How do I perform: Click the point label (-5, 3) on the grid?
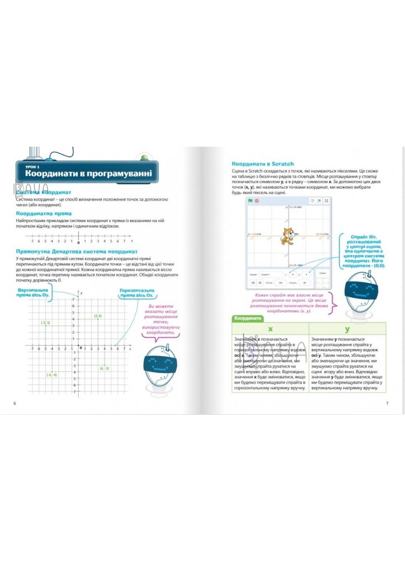click(46, 322)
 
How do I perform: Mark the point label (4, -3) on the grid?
click(104, 368)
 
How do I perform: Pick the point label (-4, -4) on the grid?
click(52, 375)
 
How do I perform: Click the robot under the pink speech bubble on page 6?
click(159, 365)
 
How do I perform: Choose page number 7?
click(387, 404)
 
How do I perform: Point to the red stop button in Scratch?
click(256, 200)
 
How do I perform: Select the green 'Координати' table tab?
click(248, 318)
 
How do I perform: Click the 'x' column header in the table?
click(270, 329)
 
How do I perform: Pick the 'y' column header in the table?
click(347, 329)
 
